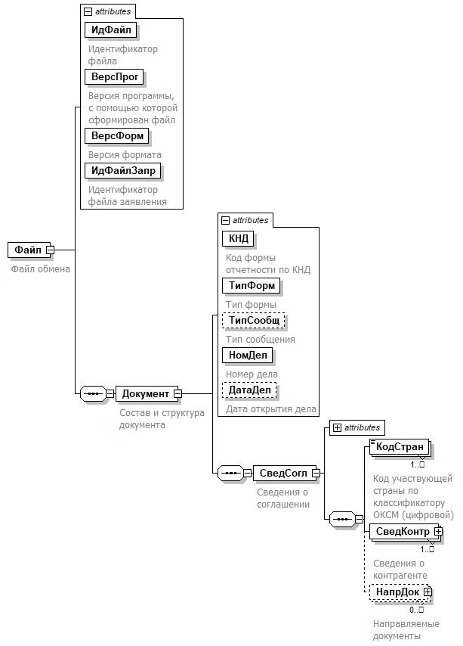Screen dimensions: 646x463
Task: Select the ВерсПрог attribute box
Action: tap(114, 77)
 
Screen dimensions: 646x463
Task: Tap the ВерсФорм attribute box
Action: tap(117, 136)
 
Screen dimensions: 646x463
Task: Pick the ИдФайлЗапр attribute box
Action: tap(123, 171)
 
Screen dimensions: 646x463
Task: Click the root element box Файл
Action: tap(28, 250)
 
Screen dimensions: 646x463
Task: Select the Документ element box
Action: tap(146, 393)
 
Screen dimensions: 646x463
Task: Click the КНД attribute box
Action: tap(239, 239)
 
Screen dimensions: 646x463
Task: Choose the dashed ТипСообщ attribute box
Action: tap(254, 321)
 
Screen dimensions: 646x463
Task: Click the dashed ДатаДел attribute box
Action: tap(249, 390)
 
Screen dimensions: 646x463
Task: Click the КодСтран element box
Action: tap(400, 447)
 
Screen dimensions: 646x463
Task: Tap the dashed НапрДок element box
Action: tap(397, 592)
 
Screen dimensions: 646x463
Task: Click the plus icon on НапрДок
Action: tap(428, 592)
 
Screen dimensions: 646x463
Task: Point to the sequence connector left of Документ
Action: tap(93, 393)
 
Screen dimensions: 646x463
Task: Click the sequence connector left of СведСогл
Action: tap(230, 474)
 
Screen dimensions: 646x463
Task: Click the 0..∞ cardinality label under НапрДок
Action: tap(417, 610)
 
